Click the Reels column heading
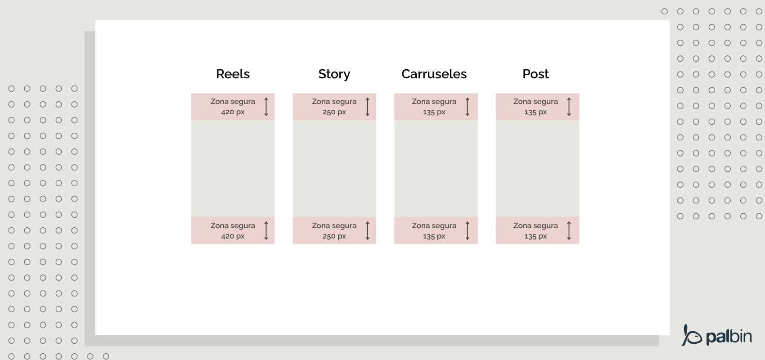coord(233,74)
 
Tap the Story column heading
coord(334,74)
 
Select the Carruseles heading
coord(434,74)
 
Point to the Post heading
coord(535,74)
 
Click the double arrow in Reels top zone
coord(266,107)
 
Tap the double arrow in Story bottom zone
coord(368,230)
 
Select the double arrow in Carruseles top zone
coord(468,107)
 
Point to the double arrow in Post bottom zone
coord(569,230)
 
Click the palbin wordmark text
coord(729,337)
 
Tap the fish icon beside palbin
coord(691,336)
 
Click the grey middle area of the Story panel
coord(334,168)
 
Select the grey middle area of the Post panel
coord(537,168)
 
